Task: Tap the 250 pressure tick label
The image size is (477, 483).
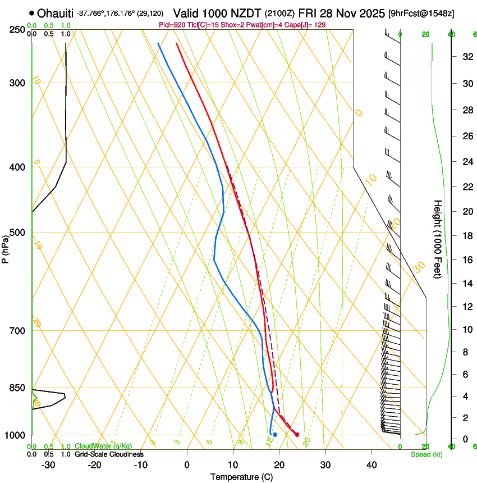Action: point(17,29)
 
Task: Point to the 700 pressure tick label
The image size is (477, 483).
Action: point(17,330)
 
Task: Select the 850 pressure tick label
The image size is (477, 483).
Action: point(17,388)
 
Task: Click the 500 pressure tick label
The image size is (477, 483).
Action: point(17,233)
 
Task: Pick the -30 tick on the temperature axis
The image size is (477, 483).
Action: point(48,465)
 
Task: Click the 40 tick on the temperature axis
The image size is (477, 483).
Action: point(371,465)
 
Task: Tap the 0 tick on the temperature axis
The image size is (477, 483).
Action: point(187,465)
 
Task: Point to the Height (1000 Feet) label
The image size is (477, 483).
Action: point(438,239)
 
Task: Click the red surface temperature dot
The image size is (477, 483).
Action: point(297,435)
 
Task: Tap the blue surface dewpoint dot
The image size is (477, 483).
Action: point(275,435)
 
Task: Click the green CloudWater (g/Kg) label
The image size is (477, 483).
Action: point(104,446)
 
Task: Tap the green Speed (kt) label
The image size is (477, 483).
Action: point(426,454)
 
